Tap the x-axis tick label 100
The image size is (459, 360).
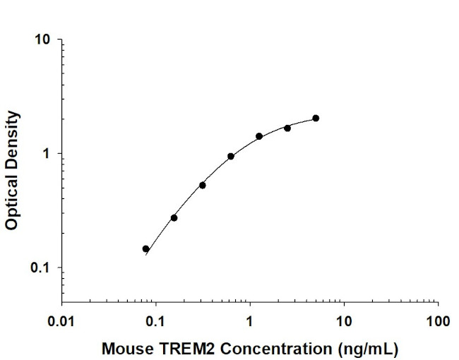click(x=438, y=321)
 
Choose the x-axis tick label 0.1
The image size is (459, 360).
click(x=156, y=321)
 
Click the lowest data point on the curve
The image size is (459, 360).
click(x=146, y=248)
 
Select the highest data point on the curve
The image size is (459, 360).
click(x=316, y=118)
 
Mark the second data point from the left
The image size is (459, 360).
click(x=174, y=217)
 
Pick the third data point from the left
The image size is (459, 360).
click(x=203, y=185)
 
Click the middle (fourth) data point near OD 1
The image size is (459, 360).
click(x=231, y=156)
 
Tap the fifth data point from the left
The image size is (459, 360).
click(x=259, y=136)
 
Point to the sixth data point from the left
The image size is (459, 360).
click(x=287, y=128)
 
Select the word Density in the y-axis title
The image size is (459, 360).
click(x=12, y=137)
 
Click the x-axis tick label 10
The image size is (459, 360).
click(x=344, y=321)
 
